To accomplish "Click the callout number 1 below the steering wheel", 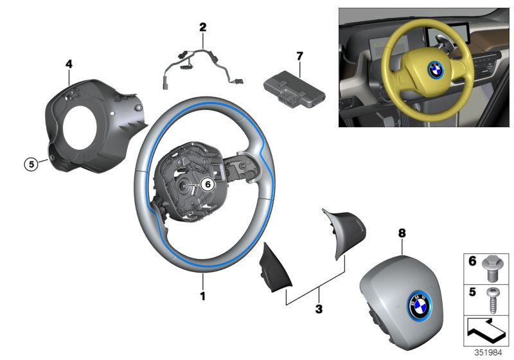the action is (x=203, y=296).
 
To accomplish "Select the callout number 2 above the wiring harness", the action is (x=203, y=27).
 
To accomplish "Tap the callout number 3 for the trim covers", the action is (x=319, y=309).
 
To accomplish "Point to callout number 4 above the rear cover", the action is (x=69, y=64).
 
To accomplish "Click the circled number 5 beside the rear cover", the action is (x=31, y=163).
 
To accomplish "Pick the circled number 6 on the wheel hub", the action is (x=208, y=184).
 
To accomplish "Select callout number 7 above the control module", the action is (x=299, y=57).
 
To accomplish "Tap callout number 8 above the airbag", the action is (x=402, y=233).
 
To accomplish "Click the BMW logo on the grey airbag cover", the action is (x=420, y=305).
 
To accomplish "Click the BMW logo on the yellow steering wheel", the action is (x=436, y=69).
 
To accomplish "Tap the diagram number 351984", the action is (x=488, y=353).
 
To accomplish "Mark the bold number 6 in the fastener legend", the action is (x=472, y=261).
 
